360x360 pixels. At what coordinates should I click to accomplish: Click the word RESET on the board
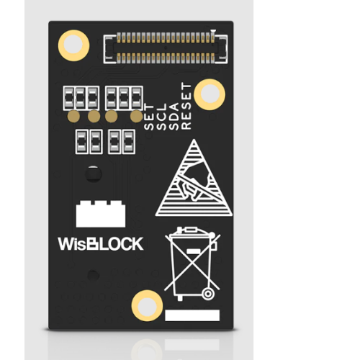(186, 106)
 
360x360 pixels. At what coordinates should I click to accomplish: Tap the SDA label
(174, 117)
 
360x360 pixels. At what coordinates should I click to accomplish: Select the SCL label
(161, 117)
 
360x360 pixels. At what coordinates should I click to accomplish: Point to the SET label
(148, 117)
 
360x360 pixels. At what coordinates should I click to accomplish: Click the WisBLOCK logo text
(101, 244)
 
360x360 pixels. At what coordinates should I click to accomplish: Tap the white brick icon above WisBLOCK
(101, 214)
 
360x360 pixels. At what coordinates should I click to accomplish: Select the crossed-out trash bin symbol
(192, 264)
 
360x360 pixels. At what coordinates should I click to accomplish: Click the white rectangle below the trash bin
(192, 315)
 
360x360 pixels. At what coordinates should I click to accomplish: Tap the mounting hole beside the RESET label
(210, 94)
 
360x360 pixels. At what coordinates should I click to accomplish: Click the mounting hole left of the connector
(73, 45)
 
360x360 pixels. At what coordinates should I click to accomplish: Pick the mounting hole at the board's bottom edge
(147, 305)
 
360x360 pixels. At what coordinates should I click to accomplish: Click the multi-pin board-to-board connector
(166, 48)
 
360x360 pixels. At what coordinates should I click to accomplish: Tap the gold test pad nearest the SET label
(137, 117)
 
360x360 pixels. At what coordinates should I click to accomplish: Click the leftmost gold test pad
(73, 117)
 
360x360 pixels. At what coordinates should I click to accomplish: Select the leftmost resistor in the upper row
(69, 98)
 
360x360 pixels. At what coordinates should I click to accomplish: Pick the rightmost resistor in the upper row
(137, 98)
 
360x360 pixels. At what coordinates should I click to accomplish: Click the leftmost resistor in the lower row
(82, 142)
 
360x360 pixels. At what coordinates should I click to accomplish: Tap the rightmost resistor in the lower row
(129, 142)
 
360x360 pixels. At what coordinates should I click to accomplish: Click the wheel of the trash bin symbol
(208, 294)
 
